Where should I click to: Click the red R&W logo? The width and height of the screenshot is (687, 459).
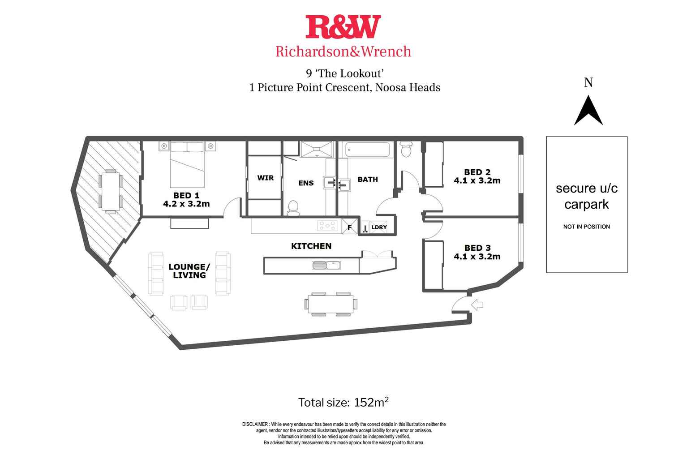343,27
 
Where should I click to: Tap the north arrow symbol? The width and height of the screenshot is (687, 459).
588,112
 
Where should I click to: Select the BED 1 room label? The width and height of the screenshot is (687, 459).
186,195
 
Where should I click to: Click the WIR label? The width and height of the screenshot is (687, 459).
265,178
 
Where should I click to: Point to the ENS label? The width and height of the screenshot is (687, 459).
306,183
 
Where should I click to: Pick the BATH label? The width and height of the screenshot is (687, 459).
368,179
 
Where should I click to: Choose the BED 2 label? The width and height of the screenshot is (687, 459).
477,172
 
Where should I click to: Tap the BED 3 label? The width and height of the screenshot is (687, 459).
477,248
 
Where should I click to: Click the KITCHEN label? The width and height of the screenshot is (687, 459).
311,246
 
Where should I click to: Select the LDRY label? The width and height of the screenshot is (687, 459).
379,227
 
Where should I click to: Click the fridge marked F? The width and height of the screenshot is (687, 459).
350,227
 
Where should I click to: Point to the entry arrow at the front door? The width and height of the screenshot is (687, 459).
478,305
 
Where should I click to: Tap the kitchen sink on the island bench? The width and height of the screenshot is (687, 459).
326,265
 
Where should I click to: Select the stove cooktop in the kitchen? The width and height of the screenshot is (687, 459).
327,226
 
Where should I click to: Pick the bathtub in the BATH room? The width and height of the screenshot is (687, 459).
368,150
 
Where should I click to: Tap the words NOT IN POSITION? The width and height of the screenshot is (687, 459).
586,227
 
